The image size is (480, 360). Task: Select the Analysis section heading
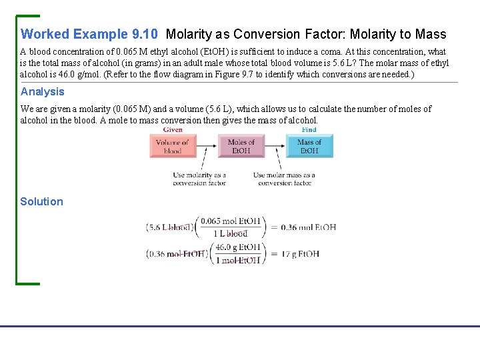(43, 92)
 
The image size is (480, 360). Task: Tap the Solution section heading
(41, 202)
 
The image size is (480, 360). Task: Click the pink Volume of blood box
(173, 147)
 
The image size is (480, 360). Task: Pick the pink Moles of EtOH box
(241, 147)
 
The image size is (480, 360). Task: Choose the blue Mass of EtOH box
(309, 147)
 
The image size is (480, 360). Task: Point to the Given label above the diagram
(173, 130)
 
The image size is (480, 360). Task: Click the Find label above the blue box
(309, 130)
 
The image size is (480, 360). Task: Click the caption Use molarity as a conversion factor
(199, 179)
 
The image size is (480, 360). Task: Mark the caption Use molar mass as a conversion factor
(284, 179)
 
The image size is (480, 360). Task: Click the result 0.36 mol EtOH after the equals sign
(307, 227)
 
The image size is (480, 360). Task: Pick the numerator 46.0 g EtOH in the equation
(238, 247)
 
